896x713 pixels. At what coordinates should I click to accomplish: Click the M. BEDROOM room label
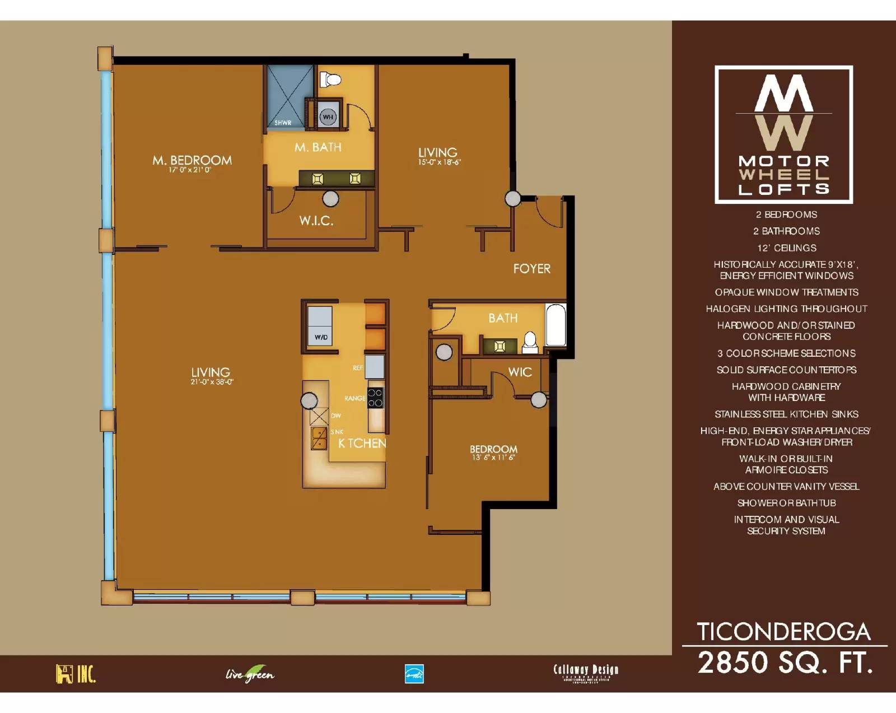[x=192, y=160]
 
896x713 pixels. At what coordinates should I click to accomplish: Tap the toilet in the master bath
[x=331, y=79]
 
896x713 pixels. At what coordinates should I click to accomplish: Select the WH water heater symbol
[x=328, y=117]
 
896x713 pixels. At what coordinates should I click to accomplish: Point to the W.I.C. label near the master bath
[x=316, y=221]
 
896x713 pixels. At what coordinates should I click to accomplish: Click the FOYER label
[x=531, y=269]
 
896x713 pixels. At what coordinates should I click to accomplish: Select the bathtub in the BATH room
[x=556, y=325]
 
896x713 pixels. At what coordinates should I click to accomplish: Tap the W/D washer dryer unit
[x=320, y=325]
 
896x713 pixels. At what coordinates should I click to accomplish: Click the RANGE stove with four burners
[x=376, y=398]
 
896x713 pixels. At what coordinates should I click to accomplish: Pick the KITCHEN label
[x=362, y=443]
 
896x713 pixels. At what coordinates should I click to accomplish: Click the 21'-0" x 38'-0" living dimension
[x=212, y=382]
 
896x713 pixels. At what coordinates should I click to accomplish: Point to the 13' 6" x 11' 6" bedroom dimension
[x=493, y=458]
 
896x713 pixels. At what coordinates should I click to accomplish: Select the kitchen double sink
[x=319, y=439]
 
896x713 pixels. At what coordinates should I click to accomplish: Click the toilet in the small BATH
[x=529, y=343]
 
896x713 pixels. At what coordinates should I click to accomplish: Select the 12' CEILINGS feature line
[x=786, y=248]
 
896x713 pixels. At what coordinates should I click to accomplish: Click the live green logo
[x=250, y=673]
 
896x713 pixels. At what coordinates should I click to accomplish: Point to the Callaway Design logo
[x=586, y=672]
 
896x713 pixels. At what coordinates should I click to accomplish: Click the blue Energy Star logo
[x=414, y=674]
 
